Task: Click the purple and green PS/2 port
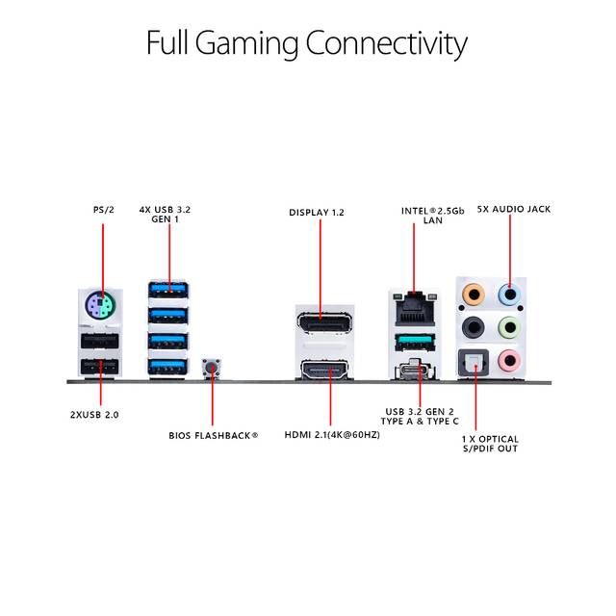99,305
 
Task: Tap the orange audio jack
474,295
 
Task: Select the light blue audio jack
509,295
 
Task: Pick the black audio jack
474,327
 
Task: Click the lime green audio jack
509,327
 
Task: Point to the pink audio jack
509,360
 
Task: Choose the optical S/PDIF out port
474,362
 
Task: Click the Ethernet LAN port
416,309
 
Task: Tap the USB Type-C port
416,370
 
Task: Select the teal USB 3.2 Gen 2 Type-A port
416,343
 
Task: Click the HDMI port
324,371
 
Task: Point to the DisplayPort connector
324,323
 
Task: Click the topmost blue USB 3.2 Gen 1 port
168,291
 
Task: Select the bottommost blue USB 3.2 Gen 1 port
168,367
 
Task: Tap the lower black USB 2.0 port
100,367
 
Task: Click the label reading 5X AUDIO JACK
514,209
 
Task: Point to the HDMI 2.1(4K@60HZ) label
332,435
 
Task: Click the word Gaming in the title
246,44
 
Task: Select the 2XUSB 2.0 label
94,415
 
